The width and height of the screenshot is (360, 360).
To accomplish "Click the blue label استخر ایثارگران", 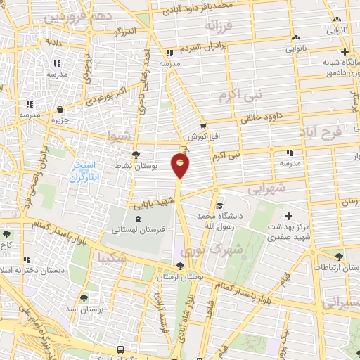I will (x=86, y=172).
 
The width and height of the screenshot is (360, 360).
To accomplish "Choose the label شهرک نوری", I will (x=211, y=250).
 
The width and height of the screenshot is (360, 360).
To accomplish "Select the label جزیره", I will (x=59, y=120).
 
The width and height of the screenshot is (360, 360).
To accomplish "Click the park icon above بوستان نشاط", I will (x=136, y=155).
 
